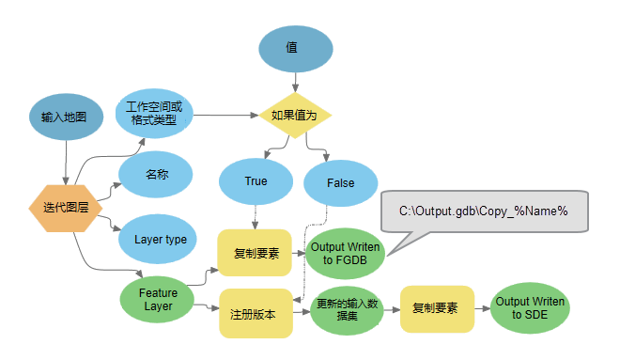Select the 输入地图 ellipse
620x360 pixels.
pos(64,117)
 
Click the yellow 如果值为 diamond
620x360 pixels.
pos(296,115)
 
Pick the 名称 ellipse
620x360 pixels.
pos(155,175)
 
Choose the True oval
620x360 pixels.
pos(256,181)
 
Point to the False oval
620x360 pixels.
pos(341,183)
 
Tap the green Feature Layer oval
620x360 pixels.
pos(158,300)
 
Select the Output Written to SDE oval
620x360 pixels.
pos(530,307)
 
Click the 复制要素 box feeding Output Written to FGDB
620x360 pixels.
pos(255,253)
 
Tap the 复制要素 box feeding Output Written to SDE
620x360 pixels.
pos(435,308)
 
